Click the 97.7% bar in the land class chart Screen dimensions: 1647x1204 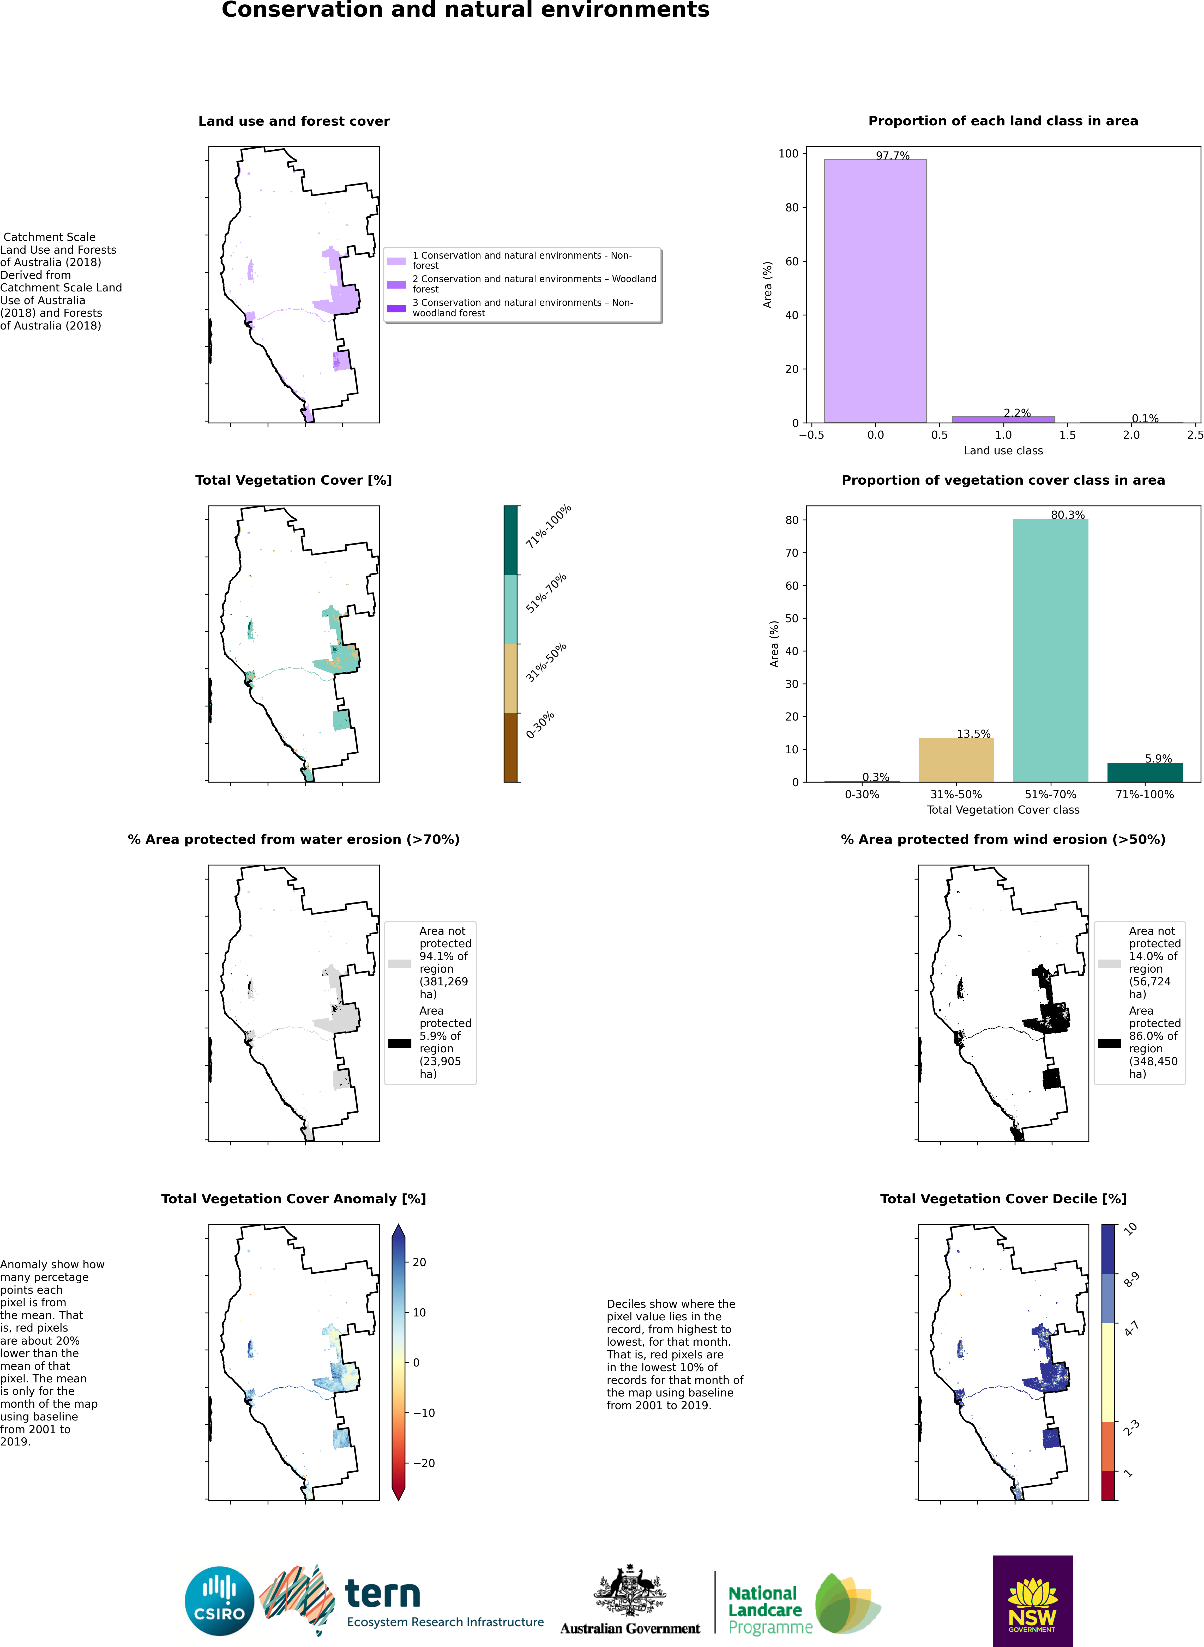pos(875,291)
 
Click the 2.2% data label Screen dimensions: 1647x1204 pos(1017,413)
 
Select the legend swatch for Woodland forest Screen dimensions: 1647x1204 pos(396,284)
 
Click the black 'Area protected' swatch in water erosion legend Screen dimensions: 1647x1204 pos(399,1043)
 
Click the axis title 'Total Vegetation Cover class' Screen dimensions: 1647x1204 pos(1003,810)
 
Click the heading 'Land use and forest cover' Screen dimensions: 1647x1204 pos(294,121)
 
